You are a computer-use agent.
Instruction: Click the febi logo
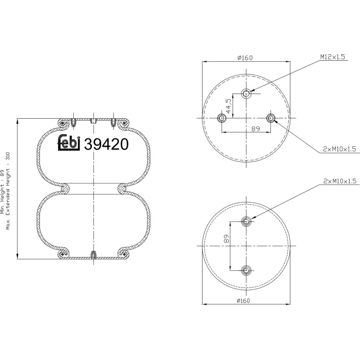point(68,143)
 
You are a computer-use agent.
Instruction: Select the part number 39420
point(106,144)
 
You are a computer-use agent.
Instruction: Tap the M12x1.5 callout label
point(333,57)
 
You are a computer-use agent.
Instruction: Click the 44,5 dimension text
point(228,106)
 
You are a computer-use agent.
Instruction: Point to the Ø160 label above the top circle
point(245,58)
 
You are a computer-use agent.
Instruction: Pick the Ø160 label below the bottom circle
point(243,301)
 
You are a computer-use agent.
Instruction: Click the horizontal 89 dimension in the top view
point(255,129)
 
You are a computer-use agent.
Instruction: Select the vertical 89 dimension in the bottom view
point(227,238)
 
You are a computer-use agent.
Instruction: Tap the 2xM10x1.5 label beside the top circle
point(339,149)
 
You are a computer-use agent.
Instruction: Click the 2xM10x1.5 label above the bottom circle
point(340,181)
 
